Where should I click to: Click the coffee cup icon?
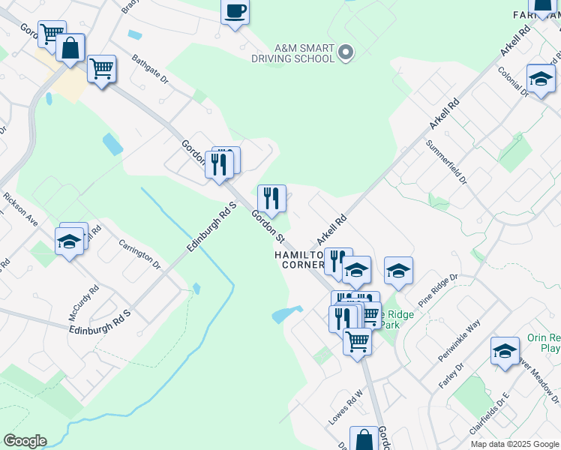[x=235, y=11]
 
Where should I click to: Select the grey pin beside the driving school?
[x=346, y=52]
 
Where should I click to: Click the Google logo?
[x=25, y=441]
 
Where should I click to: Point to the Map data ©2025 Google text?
[x=514, y=444]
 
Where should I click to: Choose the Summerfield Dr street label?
[x=446, y=162]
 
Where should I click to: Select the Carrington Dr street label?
[x=140, y=254]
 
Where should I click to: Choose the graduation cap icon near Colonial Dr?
[x=540, y=78]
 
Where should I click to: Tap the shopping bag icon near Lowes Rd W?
[x=364, y=440]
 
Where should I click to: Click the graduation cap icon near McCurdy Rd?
[x=68, y=241]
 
